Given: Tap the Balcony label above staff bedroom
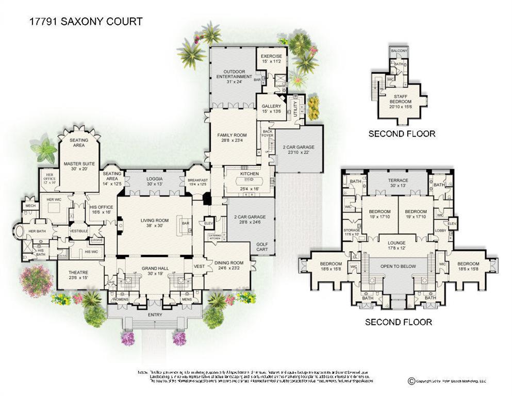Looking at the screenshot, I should (399, 51).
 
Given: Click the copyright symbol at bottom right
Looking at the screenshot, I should (411, 381).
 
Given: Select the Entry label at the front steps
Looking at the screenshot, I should (155, 315).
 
